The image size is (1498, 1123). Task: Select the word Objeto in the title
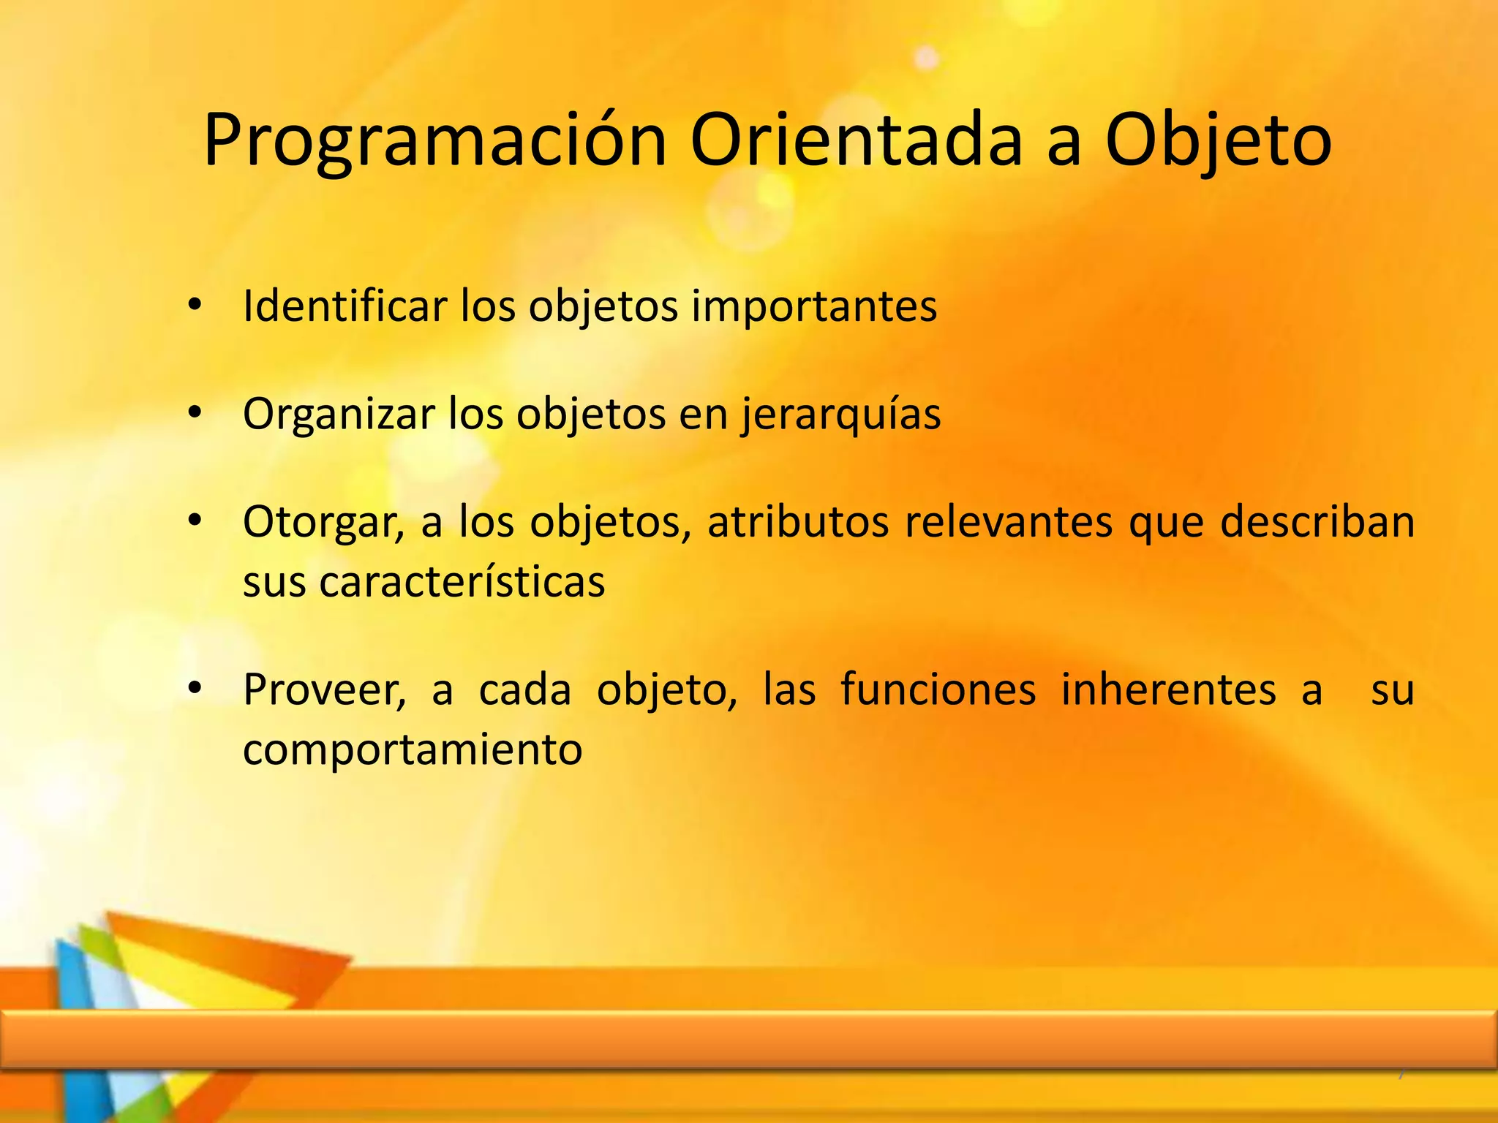(1218, 140)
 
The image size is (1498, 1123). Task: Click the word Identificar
(345, 306)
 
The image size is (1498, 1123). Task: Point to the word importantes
(813, 306)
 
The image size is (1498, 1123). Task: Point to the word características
(462, 582)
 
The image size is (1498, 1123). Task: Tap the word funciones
(938, 689)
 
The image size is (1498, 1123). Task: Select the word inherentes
(1168, 689)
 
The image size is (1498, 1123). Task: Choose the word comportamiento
(413, 749)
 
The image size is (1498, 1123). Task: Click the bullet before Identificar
(194, 305)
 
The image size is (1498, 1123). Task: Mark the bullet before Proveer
(194, 688)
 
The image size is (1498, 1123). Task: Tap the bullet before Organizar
(194, 413)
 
